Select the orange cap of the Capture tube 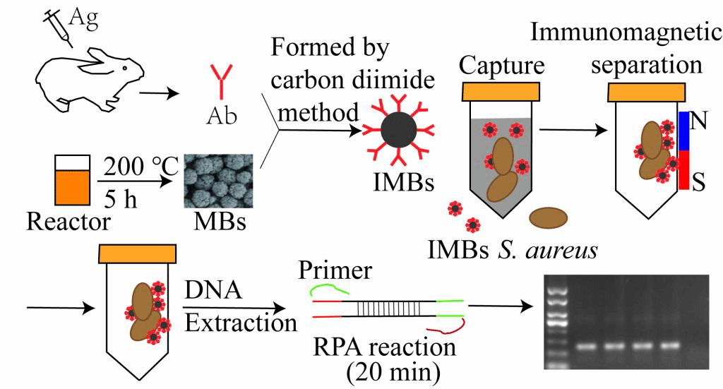point(502,91)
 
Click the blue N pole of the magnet point(683,131)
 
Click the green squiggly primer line point(330,289)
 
